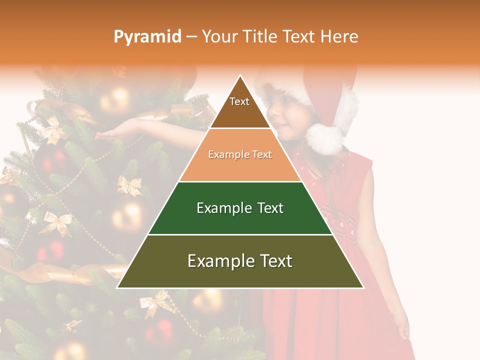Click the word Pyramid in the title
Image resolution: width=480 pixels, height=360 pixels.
point(147,37)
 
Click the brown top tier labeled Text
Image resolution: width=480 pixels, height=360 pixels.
point(239,107)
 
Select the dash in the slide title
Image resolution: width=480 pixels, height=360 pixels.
point(191,37)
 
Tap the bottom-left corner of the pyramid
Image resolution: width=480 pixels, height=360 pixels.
point(118,287)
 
